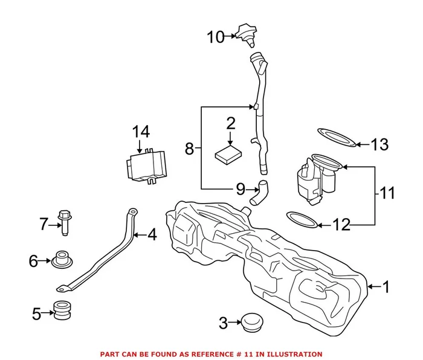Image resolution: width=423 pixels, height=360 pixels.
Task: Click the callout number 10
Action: click(x=215, y=37)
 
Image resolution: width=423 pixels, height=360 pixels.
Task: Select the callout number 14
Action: click(x=140, y=131)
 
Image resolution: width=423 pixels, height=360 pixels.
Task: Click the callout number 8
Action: click(x=189, y=148)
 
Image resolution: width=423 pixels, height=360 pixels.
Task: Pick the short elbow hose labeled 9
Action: click(x=259, y=195)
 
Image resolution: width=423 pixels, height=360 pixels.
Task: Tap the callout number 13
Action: click(x=379, y=145)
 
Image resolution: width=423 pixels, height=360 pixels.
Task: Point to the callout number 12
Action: click(x=341, y=225)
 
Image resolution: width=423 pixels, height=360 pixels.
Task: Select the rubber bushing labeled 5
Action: click(x=62, y=310)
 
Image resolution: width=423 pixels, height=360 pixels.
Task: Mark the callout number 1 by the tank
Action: click(x=386, y=287)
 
